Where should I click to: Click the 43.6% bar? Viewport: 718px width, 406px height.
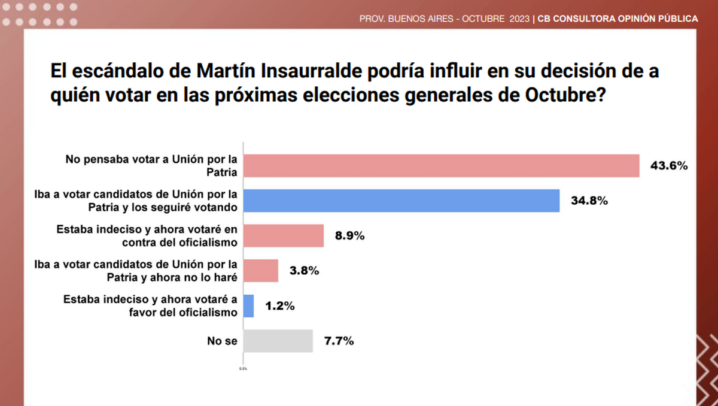point(442,166)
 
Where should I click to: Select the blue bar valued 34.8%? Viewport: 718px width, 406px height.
point(401,201)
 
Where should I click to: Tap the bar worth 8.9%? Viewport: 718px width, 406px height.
point(284,235)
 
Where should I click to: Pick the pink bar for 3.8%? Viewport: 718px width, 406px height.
point(261,271)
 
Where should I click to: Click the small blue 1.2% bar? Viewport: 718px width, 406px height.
point(249,306)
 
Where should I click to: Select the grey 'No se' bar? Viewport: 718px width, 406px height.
point(278,341)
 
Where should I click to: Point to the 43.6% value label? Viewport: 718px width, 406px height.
point(669,166)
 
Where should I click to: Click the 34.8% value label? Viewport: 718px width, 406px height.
point(589,201)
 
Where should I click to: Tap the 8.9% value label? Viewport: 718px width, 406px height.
point(349,235)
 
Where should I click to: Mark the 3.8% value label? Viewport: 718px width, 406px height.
point(303,271)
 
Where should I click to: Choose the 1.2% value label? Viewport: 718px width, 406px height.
point(279,306)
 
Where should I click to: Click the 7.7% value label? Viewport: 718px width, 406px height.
point(339,341)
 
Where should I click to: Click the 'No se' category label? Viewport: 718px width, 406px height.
point(223,341)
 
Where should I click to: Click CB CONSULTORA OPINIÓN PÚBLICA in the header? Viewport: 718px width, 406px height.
point(617,19)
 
